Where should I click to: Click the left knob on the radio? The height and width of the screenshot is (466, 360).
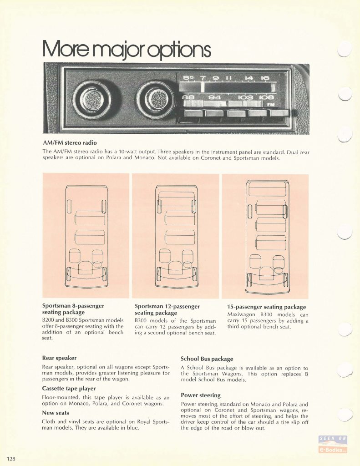click(92, 99)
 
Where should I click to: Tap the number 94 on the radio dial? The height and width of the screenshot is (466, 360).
click(215, 97)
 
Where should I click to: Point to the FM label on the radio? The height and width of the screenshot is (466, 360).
click(271, 104)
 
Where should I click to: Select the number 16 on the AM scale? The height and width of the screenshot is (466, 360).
click(264, 78)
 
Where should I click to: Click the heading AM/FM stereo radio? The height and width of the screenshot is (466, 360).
click(70, 142)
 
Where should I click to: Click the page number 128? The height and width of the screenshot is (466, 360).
click(11, 459)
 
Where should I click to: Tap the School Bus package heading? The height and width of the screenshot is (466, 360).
click(207, 359)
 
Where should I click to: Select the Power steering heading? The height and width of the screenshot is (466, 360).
click(201, 395)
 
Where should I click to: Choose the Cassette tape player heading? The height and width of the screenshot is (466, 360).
click(69, 389)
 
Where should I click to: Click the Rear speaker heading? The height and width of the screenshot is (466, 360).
click(59, 358)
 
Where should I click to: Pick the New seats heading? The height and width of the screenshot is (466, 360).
click(56, 413)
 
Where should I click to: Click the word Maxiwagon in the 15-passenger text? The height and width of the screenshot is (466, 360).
click(241, 314)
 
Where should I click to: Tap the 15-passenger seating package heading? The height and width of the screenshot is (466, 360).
click(267, 307)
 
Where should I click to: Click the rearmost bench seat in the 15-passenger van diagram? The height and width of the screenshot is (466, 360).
click(267, 189)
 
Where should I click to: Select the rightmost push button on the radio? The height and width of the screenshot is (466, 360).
click(279, 113)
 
